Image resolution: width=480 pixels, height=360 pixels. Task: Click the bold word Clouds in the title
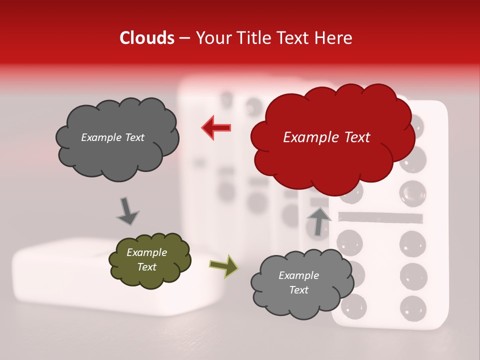click(147, 38)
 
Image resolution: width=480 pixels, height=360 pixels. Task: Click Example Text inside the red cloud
click(326, 137)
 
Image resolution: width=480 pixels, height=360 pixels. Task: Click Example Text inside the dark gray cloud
click(112, 137)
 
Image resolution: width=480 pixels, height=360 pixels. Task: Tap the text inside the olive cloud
click(146, 259)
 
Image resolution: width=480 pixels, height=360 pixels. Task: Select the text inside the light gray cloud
click(298, 282)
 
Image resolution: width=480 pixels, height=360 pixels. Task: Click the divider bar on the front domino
click(380, 217)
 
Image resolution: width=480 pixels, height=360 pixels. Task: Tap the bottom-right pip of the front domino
click(413, 306)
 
